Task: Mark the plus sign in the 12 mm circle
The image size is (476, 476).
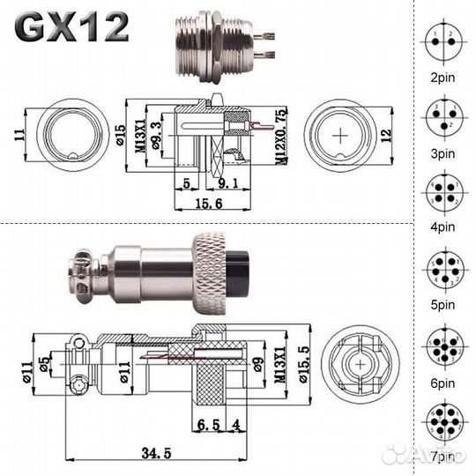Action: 341,137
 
